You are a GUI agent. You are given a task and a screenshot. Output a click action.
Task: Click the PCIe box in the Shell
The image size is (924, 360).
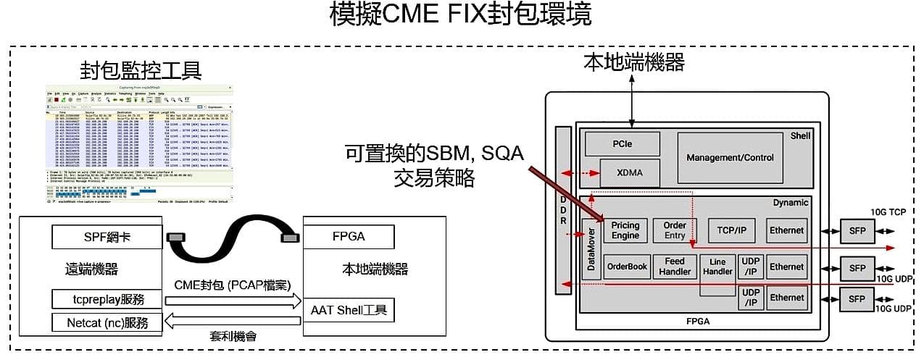pos(622,143)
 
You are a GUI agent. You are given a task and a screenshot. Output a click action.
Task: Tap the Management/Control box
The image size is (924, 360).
pos(729,157)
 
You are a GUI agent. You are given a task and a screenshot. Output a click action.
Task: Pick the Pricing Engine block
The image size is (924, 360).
pos(625,230)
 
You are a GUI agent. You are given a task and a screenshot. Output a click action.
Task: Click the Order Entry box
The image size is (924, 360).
pos(674,230)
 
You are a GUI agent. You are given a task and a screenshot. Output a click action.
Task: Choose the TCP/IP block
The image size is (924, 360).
pos(731,230)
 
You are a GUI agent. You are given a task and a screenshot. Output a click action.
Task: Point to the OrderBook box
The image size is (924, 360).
pos(626,267)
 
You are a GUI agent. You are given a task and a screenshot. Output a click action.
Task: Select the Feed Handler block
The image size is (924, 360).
pos(674,267)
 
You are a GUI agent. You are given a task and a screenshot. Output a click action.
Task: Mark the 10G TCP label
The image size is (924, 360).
pos(888,211)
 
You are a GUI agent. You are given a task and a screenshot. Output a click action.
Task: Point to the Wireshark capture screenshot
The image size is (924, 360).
pos(139,143)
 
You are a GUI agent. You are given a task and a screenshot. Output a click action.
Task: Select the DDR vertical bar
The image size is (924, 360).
pos(563,210)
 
